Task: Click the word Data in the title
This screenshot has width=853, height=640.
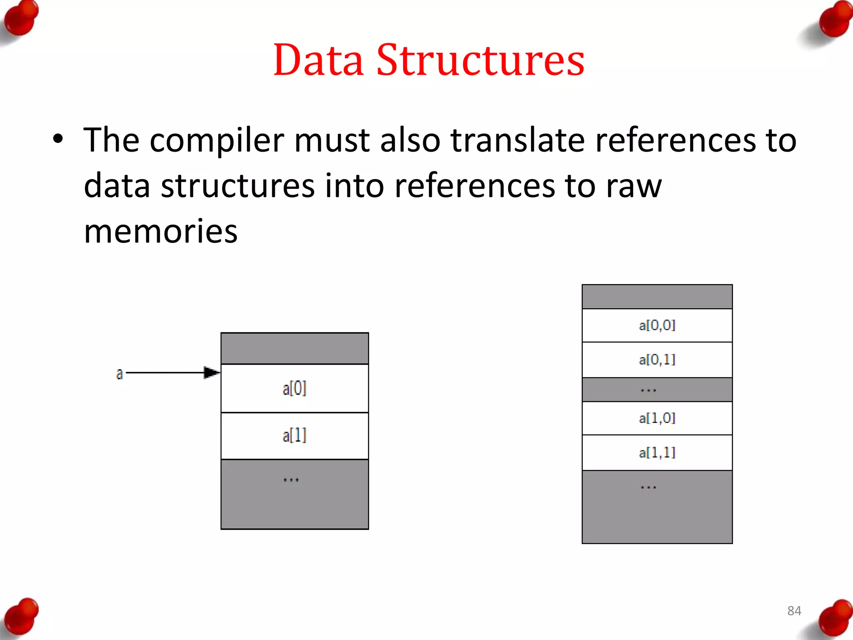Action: pos(318,60)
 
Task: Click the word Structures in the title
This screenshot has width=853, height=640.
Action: pos(480,60)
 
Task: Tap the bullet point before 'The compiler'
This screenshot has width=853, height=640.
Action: pos(58,139)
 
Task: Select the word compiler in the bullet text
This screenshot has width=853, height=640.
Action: pos(216,141)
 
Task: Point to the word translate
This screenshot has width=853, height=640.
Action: pos(518,140)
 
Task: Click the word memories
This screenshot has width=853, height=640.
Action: pos(160,231)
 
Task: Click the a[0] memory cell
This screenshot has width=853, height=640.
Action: pos(294,388)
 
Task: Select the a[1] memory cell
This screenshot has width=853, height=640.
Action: pos(294,436)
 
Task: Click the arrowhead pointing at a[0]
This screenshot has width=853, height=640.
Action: pos(212,372)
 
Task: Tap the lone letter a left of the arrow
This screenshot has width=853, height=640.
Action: pos(120,374)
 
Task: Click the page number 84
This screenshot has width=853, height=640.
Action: pos(794,611)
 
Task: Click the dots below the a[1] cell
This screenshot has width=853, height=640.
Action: pos(291,480)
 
